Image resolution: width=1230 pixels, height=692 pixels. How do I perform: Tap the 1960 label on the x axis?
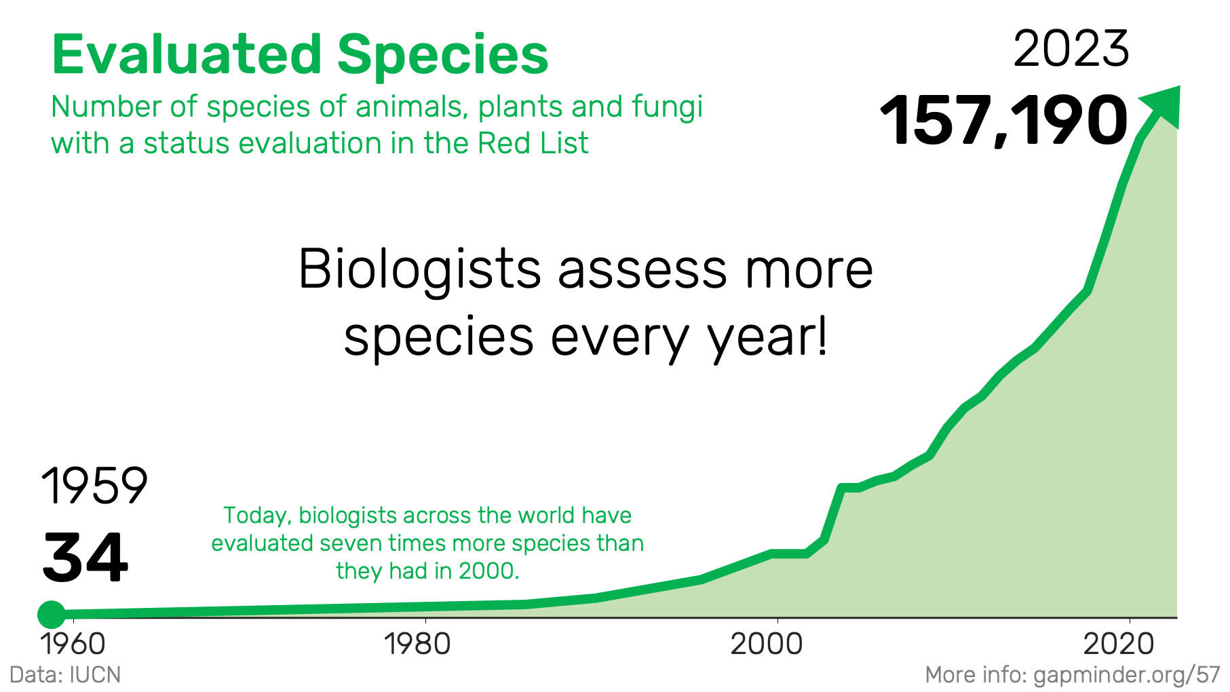(73, 644)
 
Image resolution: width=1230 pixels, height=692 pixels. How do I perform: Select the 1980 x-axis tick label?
(417, 644)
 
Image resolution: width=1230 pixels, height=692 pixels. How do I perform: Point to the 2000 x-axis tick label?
(767, 644)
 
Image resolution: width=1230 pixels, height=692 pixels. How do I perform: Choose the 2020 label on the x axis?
(1119, 644)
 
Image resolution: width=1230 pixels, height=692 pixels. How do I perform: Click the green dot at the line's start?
(52, 615)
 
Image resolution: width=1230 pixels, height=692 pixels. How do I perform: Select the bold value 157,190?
(1004, 121)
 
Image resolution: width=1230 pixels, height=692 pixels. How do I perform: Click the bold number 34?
(85, 558)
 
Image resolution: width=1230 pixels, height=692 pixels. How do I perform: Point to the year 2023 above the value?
(1071, 49)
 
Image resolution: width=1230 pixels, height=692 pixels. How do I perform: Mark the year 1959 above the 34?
(94, 486)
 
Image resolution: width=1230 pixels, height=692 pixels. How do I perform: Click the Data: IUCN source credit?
(65, 675)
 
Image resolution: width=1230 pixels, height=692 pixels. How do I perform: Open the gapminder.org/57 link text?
(1127, 676)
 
